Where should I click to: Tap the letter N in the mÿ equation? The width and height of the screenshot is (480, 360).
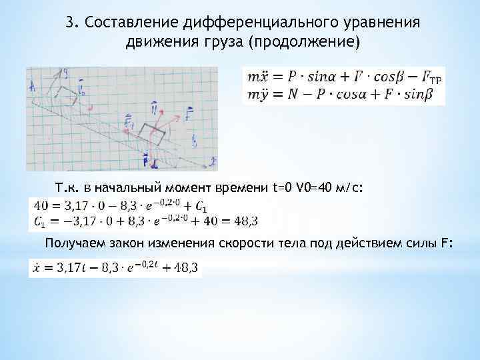coord(288,95)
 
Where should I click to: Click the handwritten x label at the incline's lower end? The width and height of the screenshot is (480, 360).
coord(212,161)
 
